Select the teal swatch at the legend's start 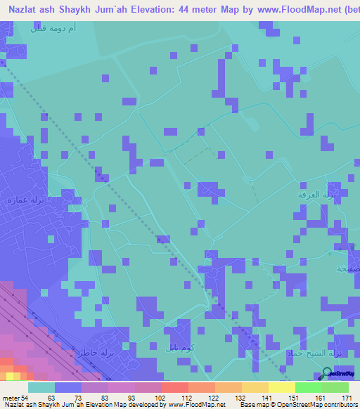point(41,387)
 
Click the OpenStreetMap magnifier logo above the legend point(326,375)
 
